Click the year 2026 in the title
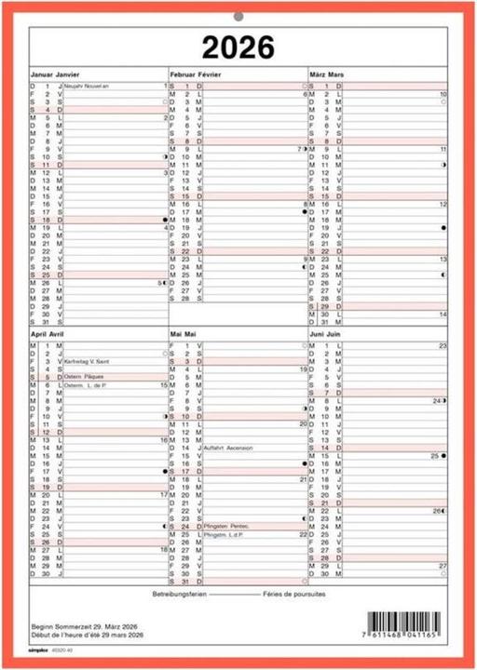click(x=238, y=47)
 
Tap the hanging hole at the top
click(x=238, y=16)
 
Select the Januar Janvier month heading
click(x=55, y=72)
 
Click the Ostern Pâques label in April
click(x=84, y=377)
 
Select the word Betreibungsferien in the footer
click(x=179, y=593)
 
